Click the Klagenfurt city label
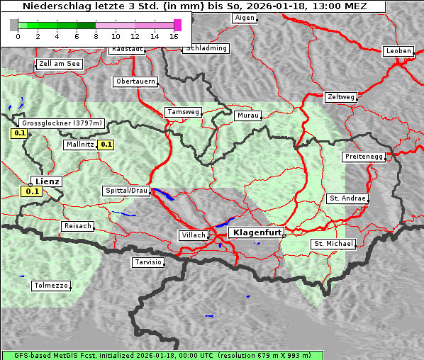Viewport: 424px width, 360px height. pyautogui.click(x=258, y=232)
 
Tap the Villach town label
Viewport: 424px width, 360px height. pyautogui.click(x=193, y=235)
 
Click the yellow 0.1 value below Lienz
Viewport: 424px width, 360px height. pyautogui.click(x=32, y=191)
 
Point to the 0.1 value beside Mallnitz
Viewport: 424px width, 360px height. pyautogui.click(x=106, y=145)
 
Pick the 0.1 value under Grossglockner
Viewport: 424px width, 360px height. pyautogui.click(x=19, y=133)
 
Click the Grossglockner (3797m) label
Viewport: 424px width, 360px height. pyautogui.click(x=63, y=123)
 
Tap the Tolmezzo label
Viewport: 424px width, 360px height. pyautogui.click(x=51, y=286)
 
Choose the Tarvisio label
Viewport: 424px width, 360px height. pyautogui.click(x=148, y=262)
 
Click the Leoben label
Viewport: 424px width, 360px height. pyautogui.click(x=398, y=51)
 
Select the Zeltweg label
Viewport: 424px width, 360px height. pyautogui.click(x=341, y=96)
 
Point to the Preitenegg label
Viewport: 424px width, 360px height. pyautogui.click(x=364, y=157)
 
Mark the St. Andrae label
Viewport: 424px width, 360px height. pyautogui.click(x=347, y=198)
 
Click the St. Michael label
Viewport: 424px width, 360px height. pyautogui.click(x=333, y=244)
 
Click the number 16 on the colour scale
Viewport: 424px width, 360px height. pyautogui.click(x=174, y=36)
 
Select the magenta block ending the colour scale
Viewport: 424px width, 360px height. pyautogui.click(x=177, y=25)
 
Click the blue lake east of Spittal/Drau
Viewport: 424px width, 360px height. pyautogui.click(x=163, y=194)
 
